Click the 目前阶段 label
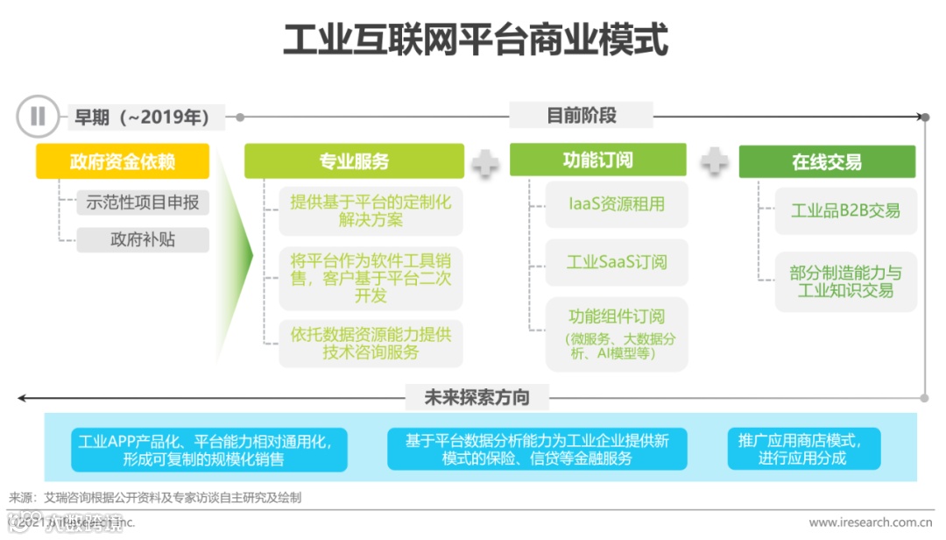click(x=581, y=115)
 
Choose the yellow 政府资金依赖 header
click(x=123, y=161)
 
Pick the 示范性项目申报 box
click(x=143, y=202)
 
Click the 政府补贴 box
click(x=143, y=239)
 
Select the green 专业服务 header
click(x=354, y=161)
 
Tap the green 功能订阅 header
click(x=597, y=160)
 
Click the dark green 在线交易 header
click(x=826, y=161)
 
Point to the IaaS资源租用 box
click(x=617, y=204)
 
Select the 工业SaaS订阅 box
click(x=617, y=262)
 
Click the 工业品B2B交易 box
click(x=845, y=210)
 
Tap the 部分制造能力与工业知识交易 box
click(x=845, y=281)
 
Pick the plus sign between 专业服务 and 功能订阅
click(x=486, y=162)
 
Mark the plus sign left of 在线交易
click(x=714, y=161)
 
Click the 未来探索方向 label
click(x=477, y=397)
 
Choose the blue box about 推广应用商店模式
click(x=802, y=449)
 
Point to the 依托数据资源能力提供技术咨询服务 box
click(x=371, y=343)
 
